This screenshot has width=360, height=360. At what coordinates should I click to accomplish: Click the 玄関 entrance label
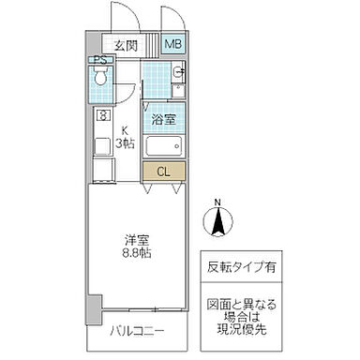point(127,44)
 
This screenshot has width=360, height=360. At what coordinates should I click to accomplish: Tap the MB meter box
point(174,43)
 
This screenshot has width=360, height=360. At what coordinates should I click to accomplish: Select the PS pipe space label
point(99,61)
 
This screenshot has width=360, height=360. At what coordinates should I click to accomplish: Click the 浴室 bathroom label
point(165,119)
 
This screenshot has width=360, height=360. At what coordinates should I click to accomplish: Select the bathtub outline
point(165,147)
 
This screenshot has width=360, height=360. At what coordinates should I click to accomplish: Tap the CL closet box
point(163,172)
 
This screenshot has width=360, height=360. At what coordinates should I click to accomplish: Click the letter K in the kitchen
point(123,131)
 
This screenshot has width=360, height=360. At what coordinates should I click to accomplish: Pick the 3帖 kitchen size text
point(123,144)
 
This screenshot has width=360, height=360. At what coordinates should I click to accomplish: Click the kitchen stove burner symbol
point(101,116)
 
